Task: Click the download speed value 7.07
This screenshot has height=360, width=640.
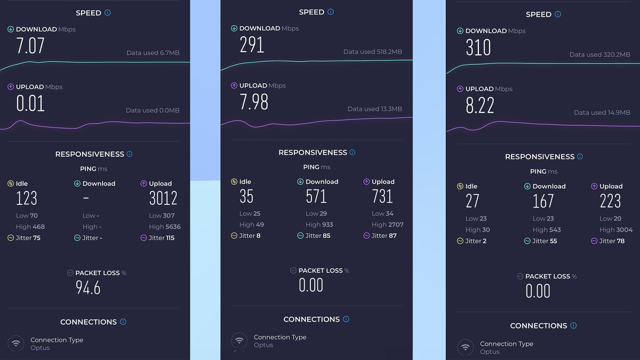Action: [x=30, y=46]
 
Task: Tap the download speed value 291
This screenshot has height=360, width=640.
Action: [x=252, y=45]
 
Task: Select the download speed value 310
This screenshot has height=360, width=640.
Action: [x=478, y=48]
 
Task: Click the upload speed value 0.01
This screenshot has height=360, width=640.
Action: [x=30, y=103]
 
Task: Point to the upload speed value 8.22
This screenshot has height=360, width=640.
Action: [x=480, y=106]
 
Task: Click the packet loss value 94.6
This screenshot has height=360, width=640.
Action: [x=88, y=288]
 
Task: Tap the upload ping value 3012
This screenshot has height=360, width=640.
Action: [x=163, y=198]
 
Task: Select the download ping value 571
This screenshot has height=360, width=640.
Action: [x=316, y=196]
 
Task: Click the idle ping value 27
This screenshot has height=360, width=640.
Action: [x=473, y=201]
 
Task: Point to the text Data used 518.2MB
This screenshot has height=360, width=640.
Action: [x=372, y=52]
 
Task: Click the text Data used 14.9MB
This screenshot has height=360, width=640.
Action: [x=602, y=113]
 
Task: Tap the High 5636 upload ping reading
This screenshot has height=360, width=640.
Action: [x=164, y=227]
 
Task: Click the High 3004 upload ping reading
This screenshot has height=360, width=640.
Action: [x=615, y=230]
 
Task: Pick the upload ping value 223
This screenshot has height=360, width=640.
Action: [x=610, y=201]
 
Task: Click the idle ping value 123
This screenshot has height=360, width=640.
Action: [x=27, y=198]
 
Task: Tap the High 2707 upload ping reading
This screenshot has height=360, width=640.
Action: [x=387, y=225]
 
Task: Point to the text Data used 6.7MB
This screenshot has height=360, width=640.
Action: [x=153, y=53]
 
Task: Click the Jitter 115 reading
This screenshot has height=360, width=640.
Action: [x=161, y=238]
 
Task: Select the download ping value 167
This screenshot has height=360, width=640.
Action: [x=543, y=201]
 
